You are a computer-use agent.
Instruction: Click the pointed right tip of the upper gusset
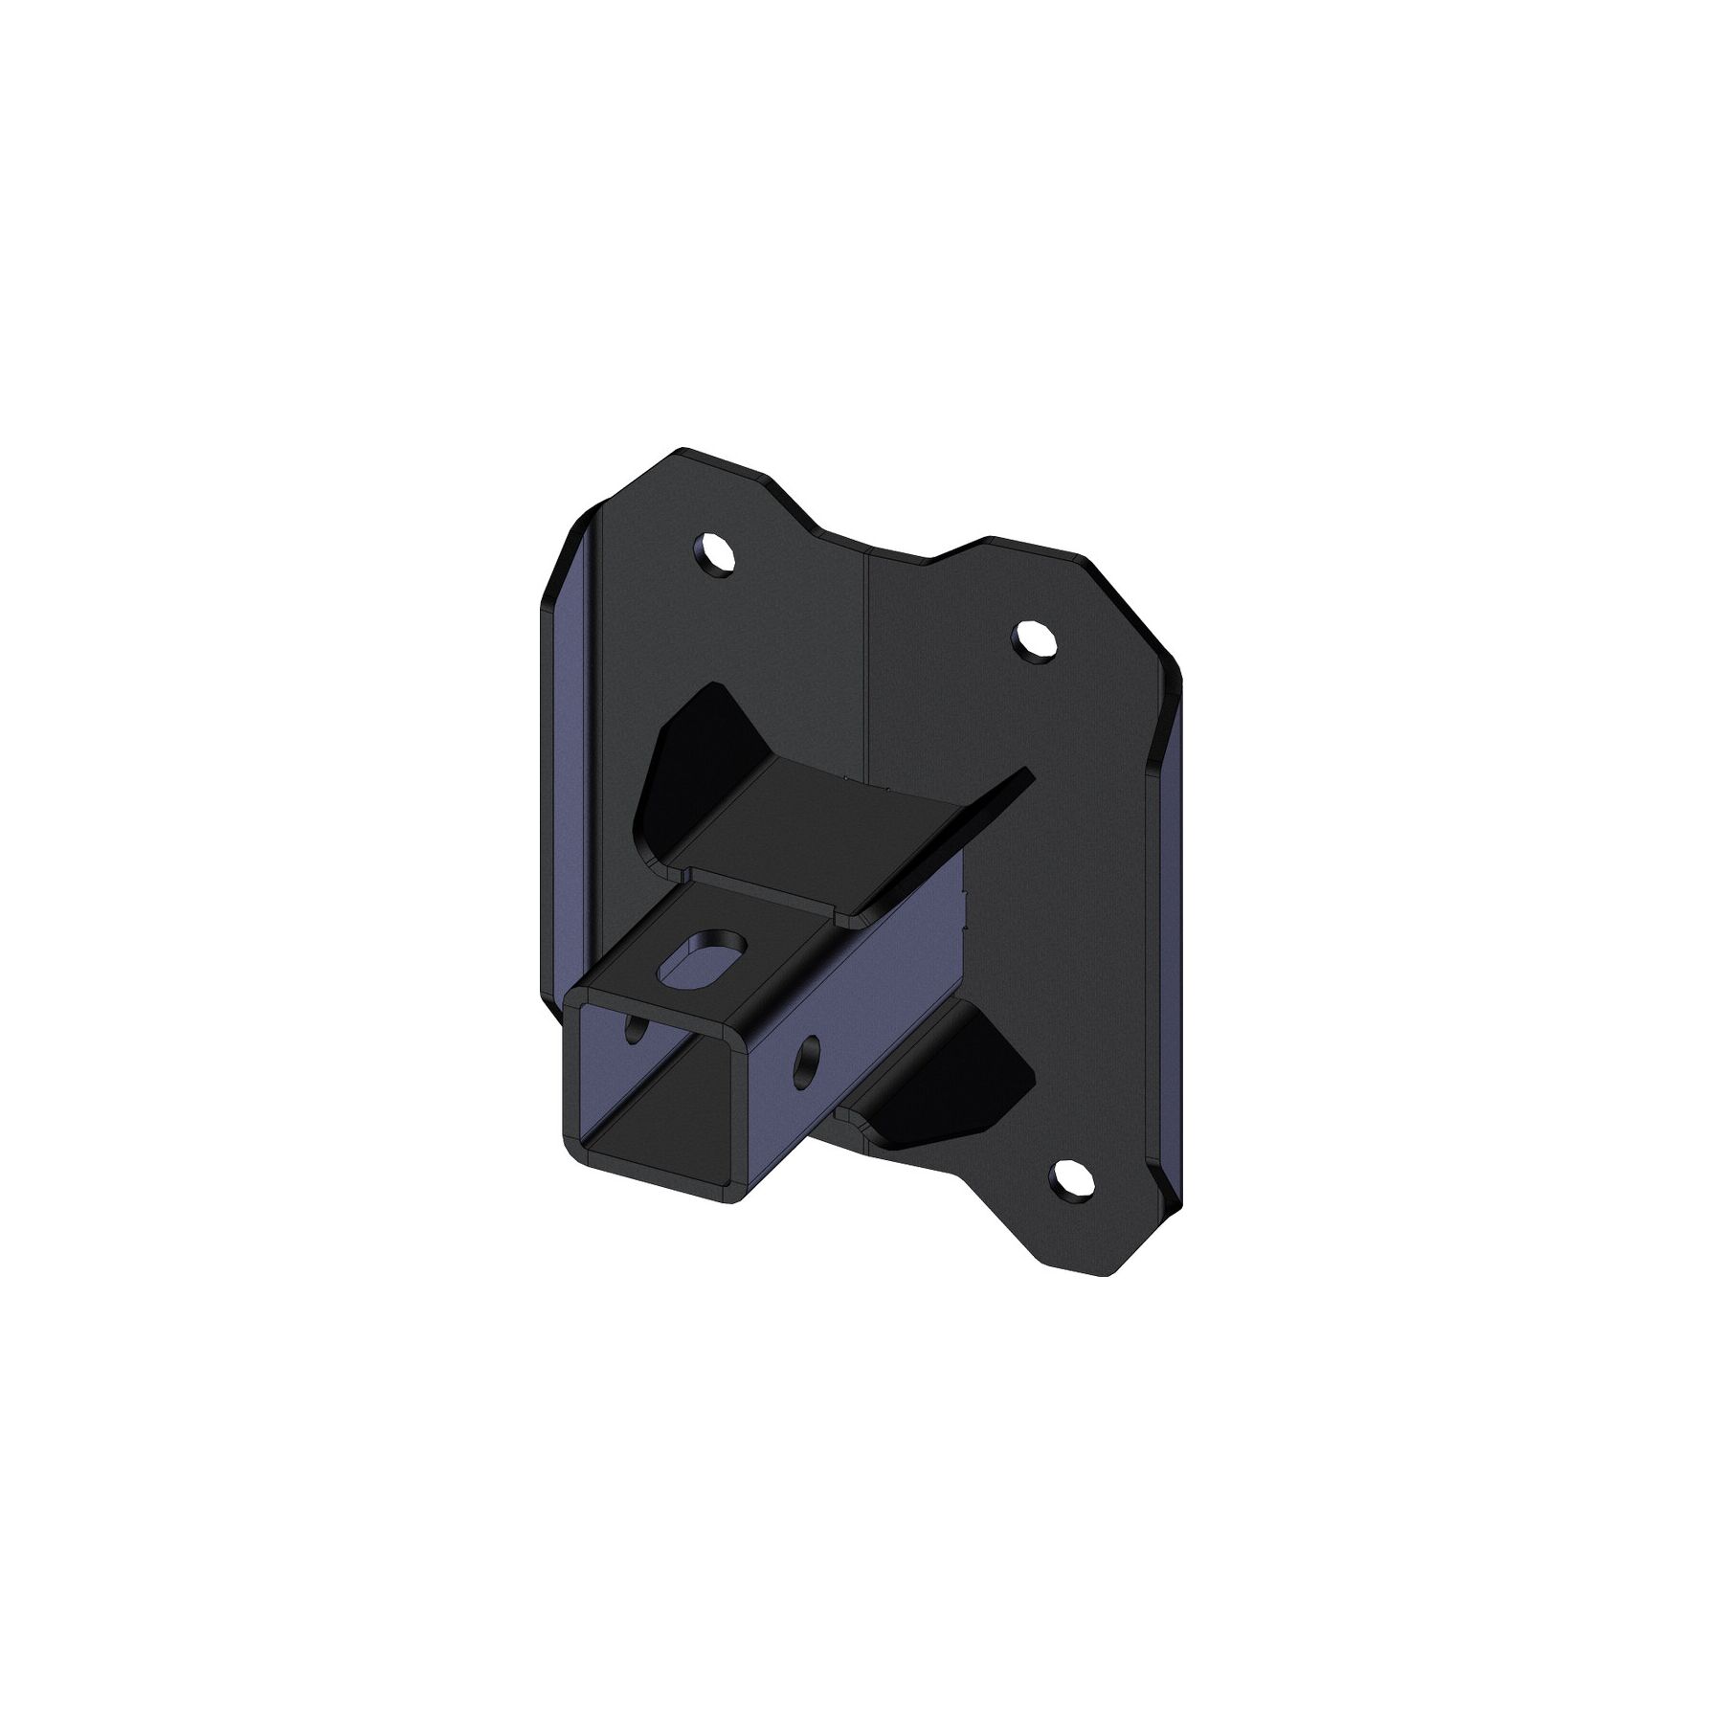[x=1027, y=772]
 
